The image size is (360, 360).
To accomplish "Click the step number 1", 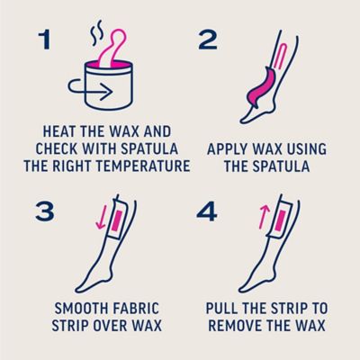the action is coord(44,40).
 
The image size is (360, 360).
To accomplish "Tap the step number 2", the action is coord(208,40).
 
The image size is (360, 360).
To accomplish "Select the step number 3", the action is coord(45,211).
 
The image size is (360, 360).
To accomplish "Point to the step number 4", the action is coord(207,211).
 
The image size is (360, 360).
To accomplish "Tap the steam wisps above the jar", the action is coord(96,33).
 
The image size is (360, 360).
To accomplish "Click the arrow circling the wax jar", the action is coord(90,89).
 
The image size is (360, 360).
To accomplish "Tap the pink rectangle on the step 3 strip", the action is coord(116,220).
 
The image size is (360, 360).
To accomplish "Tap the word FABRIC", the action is coord(136,309).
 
